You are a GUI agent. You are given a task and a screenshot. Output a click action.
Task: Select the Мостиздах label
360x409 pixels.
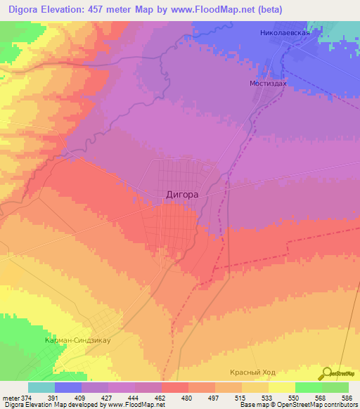tap(268, 82)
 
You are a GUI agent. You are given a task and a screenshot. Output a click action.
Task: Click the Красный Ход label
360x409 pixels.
tap(255, 372)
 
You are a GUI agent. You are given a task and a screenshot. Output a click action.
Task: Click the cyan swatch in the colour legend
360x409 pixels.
tap(41, 387)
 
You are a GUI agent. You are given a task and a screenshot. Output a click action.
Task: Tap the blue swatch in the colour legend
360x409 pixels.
tap(68, 387)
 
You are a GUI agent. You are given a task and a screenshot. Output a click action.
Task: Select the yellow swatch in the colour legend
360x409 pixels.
tap(281, 387)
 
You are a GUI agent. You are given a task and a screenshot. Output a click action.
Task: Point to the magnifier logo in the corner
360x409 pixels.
tap(328, 372)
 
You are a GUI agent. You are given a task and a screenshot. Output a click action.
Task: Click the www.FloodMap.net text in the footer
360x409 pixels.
tap(131, 405)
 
